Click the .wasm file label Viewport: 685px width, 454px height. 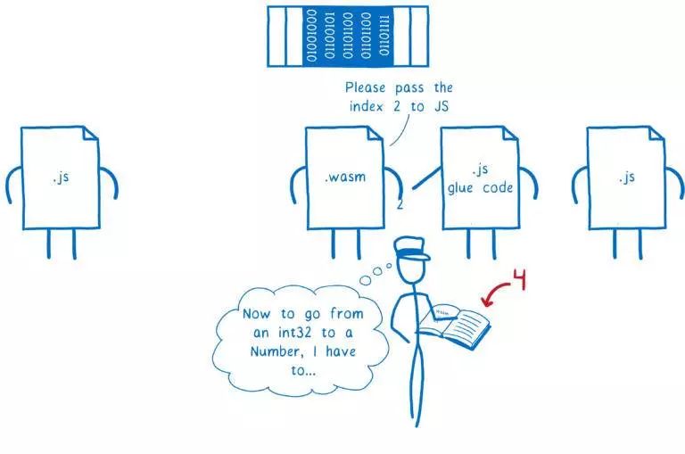[x=344, y=177]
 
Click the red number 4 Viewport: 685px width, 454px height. [x=520, y=280]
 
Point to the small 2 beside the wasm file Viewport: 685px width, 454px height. [x=400, y=204]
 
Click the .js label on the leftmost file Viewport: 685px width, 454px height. [x=61, y=177]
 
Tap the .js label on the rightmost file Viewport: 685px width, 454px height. [x=627, y=177]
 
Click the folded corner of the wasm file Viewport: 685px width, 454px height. [x=374, y=136]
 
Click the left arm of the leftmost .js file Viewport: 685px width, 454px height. [x=12, y=183]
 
